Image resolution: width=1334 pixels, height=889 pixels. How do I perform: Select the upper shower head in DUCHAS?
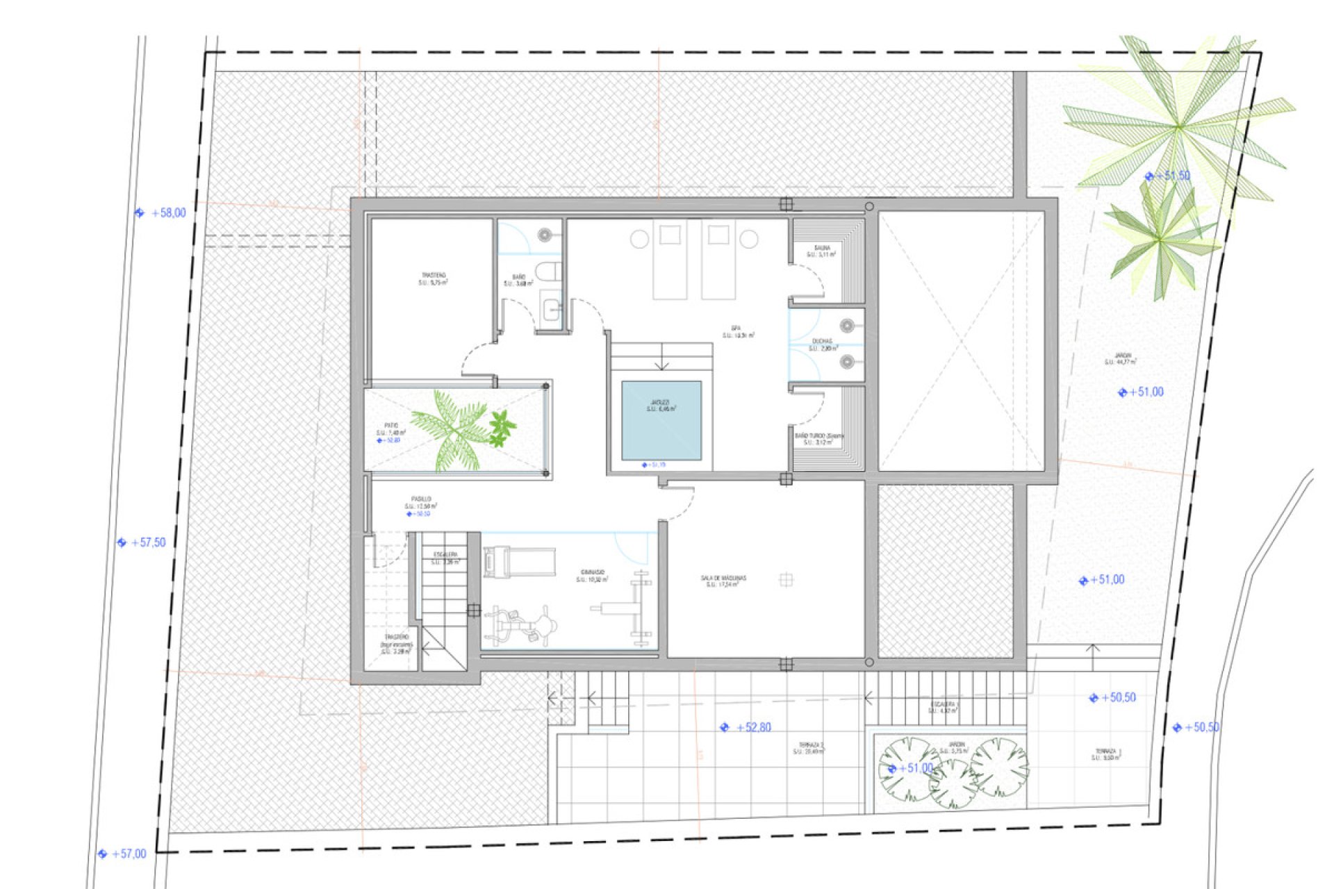846,326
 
